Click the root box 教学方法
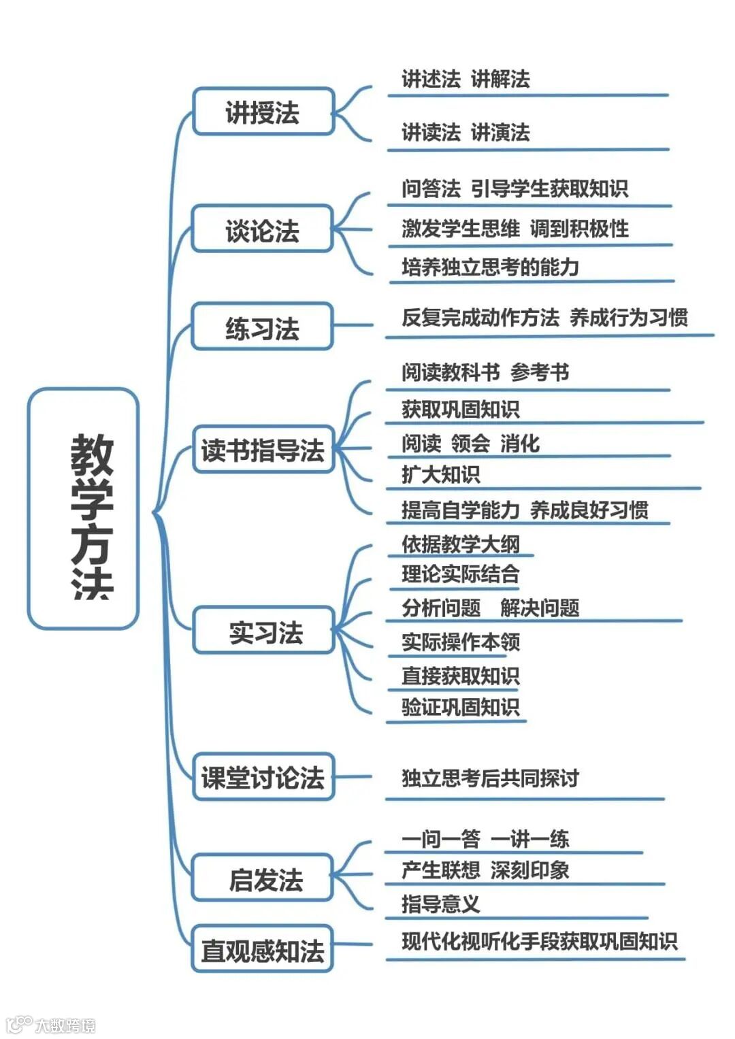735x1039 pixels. click(x=83, y=508)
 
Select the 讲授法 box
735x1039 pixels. click(x=263, y=112)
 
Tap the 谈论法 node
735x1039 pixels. click(x=263, y=229)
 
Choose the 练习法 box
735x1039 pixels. click(x=263, y=327)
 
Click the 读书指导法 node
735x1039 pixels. click(x=263, y=450)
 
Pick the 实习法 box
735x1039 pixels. click(x=264, y=631)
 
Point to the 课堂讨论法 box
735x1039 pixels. click(x=263, y=777)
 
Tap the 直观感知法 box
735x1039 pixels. click(x=263, y=949)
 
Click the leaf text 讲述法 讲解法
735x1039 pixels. click(x=465, y=79)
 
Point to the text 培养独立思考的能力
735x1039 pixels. click(x=490, y=267)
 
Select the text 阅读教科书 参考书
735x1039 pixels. click(x=485, y=372)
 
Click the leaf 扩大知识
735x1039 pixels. click(x=440, y=474)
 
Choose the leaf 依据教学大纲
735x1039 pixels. click(x=461, y=544)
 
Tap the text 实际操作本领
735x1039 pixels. click(x=461, y=642)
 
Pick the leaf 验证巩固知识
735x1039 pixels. click(x=461, y=707)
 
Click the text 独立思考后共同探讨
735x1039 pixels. click(x=490, y=778)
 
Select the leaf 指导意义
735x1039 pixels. click(x=440, y=904)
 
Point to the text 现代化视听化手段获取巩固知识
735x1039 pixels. click(x=539, y=941)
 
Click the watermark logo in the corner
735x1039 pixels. click(x=50, y=1023)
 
